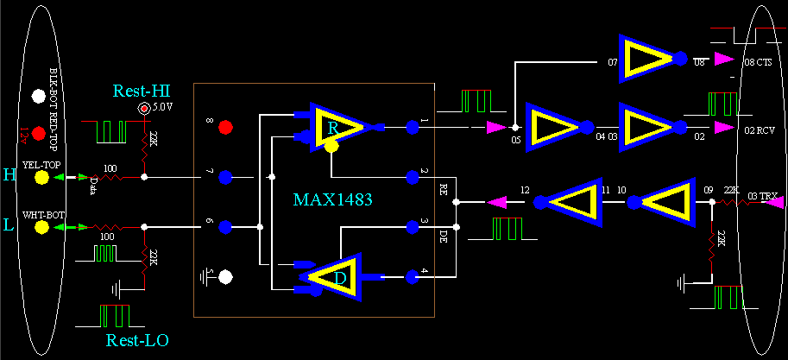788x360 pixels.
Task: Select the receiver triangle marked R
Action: pyautogui.click(x=334, y=127)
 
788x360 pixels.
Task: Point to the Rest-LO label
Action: pyautogui.click(x=137, y=340)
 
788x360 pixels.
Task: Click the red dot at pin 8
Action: pyautogui.click(x=225, y=128)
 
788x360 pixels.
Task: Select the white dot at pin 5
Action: pyautogui.click(x=225, y=277)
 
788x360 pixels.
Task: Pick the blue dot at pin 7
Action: pyautogui.click(x=225, y=177)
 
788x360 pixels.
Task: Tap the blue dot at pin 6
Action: pyautogui.click(x=225, y=227)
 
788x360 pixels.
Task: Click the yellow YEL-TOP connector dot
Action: pyautogui.click(x=40, y=178)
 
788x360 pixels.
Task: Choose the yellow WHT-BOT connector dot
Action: pyautogui.click(x=40, y=227)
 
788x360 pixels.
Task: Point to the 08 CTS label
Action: pyautogui.click(x=757, y=63)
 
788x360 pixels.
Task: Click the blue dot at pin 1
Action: pyautogui.click(x=412, y=128)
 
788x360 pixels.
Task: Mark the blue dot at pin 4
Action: pyautogui.click(x=412, y=276)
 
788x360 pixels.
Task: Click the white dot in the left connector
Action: pyautogui.click(x=37, y=95)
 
